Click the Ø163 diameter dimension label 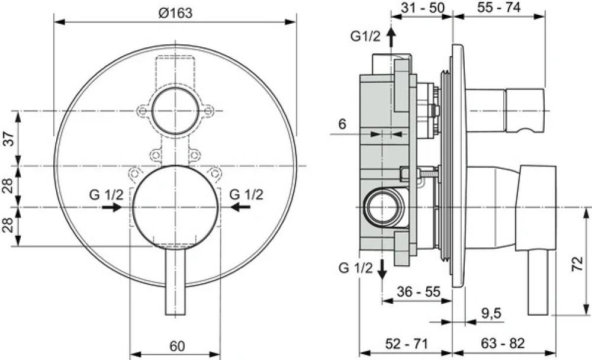176,13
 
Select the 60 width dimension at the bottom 176,345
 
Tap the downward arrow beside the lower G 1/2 382,269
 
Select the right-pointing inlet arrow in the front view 112,207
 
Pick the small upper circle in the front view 175,111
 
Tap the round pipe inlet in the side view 384,207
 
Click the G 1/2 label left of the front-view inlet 107,194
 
